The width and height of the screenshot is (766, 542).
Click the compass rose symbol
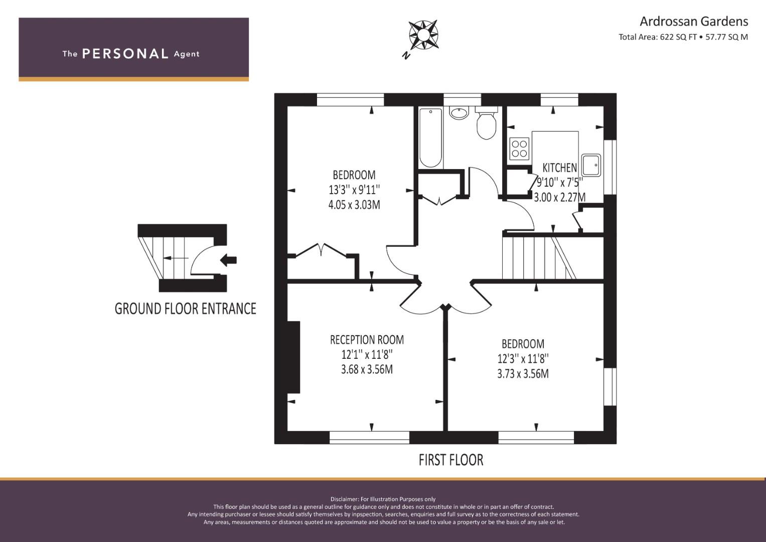point(423,35)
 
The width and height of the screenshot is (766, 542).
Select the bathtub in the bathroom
point(430,138)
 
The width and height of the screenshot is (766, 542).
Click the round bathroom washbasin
point(458,112)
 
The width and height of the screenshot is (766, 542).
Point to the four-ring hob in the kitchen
point(519,149)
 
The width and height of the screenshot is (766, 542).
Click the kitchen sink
point(591,165)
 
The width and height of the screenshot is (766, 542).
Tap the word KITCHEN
point(560,168)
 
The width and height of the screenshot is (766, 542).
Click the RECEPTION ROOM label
point(367,340)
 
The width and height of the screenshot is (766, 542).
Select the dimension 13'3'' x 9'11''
point(354,190)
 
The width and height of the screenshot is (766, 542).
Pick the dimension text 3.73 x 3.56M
point(523,374)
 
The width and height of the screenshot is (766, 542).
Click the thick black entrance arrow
point(228,260)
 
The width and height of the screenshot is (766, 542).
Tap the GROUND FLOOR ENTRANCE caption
point(185,309)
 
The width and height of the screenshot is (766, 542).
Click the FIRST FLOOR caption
point(451,460)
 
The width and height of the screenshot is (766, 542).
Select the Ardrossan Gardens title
point(694,22)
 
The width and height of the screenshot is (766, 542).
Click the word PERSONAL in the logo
point(125,54)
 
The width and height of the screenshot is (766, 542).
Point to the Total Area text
point(683,37)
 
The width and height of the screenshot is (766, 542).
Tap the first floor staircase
point(539,258)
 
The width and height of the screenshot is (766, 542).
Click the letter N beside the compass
point(406,55)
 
